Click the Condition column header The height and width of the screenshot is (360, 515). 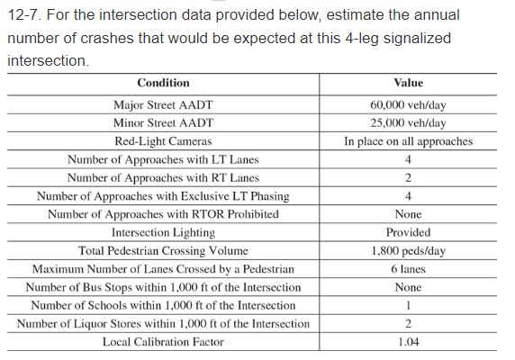click(163, 83)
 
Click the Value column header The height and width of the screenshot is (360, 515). click(408, 83)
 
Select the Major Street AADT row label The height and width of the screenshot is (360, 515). click(163, 104)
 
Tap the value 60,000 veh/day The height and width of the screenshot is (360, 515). click(408, 104)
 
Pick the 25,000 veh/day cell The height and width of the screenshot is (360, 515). click(408, 122)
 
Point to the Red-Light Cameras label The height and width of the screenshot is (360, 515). click(163, 141)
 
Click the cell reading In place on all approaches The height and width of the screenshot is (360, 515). click(408, 141)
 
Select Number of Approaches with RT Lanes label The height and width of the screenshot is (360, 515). click(163, 177)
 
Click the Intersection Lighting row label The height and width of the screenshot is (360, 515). click(163, 232)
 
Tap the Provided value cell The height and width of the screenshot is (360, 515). click(408, 232)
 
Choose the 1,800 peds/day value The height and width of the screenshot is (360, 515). click(408, 250)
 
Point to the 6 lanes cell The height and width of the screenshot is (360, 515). click(408, 269)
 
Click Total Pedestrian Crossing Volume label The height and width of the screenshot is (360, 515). click(163, 250)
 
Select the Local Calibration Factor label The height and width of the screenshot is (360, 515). click(163, 342)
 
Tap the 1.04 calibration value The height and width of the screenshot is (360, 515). click(408, 342)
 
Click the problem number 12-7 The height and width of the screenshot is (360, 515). click(24, 16)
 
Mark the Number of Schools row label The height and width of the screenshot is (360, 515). click(163, 305)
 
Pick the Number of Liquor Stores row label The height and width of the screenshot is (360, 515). click(163, 324)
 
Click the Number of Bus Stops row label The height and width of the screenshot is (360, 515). click(163, 287)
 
